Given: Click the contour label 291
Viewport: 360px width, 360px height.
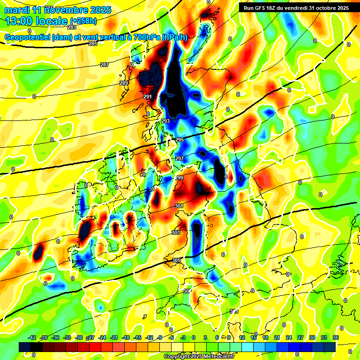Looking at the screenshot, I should pos(148,97).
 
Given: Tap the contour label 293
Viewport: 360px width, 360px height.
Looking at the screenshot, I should pos(165,121).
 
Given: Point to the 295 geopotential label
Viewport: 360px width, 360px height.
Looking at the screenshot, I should pos(180,140).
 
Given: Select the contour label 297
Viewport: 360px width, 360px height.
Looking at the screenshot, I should pos(180,158).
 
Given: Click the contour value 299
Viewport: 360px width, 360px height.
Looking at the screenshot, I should pos(179,178).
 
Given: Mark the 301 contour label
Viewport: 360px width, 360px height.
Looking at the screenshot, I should pos(179,206).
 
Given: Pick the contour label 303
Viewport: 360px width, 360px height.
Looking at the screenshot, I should pos(176,232).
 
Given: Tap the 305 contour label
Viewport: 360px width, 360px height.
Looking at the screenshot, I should pos(176,260).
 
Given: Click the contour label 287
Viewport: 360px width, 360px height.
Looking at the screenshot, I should pos(105,65).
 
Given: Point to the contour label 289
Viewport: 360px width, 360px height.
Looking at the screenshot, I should pos(124,83).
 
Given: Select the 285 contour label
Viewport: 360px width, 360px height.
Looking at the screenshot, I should pos(93,44).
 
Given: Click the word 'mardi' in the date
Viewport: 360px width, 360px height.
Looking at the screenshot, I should pos(16,10).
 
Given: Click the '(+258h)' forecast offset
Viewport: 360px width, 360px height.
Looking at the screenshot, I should pos(83,21).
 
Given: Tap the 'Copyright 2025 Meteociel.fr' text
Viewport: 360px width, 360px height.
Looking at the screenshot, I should pos(199,357).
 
